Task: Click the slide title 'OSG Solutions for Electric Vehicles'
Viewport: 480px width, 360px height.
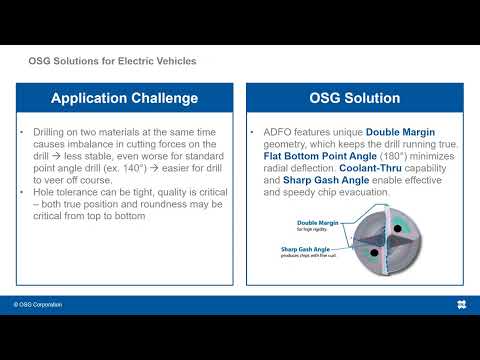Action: (x=111, y=61)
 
